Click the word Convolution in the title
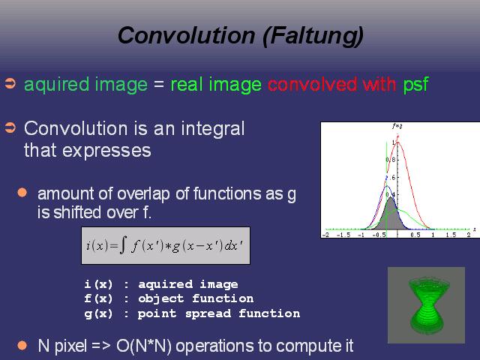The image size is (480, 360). click(187, 35)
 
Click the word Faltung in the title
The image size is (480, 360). click(313, 36)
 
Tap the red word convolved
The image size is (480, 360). click(312, 84)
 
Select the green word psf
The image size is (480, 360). click(415, 85)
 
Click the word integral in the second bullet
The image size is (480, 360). click(213, 128)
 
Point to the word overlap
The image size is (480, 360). click(143, 194)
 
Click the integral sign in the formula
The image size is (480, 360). click(123, 246)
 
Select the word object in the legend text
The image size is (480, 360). click(160, 298)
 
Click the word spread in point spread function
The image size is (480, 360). click(208, 313)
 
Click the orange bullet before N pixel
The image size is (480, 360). click(22, 346)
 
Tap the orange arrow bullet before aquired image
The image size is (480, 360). click(10, 83)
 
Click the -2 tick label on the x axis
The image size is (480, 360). click(325, 235)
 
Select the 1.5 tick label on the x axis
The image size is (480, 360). click(451, 235)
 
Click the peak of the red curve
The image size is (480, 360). click(397, 141)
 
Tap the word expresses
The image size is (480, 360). click(88, 151)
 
